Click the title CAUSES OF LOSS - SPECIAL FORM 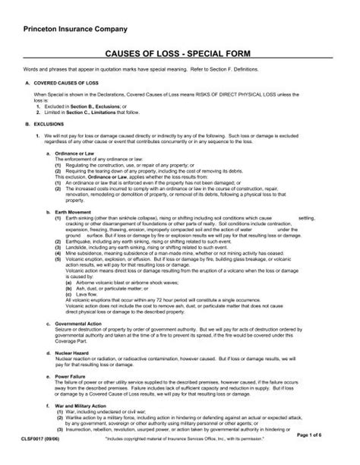pyautogui.click(x=179, y=55)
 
